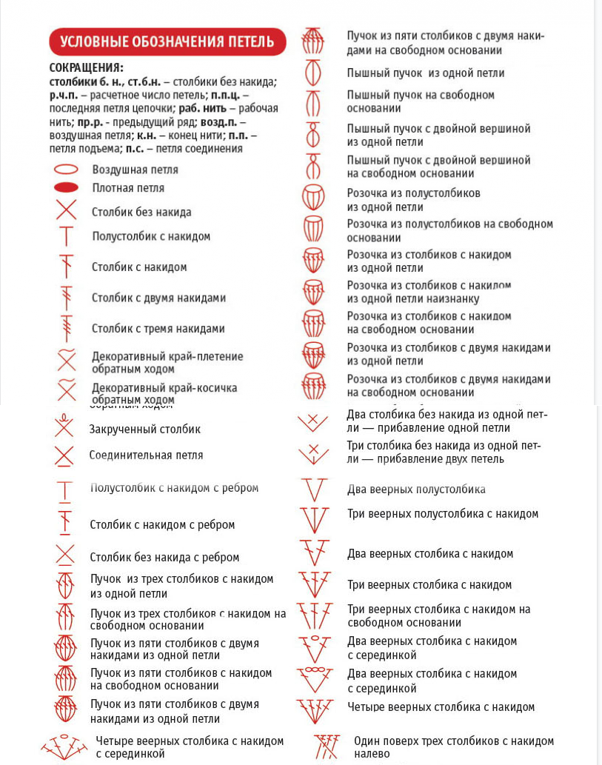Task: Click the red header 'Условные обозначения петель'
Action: (167, 41)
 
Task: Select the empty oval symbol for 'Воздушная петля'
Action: (66, 170)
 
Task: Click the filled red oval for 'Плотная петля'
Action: (66, 188)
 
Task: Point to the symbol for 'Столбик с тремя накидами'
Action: (67, 327)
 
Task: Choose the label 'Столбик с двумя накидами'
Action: (158, 298)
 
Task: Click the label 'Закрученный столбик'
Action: (145, 429)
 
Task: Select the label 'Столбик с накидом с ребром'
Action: (162, 524)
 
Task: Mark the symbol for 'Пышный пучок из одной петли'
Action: (313, 73)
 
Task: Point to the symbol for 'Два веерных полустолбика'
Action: (314, 490)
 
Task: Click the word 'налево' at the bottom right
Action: (372, 754)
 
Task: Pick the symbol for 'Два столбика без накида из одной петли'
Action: (313, 422)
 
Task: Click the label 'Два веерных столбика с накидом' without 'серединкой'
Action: (430, 553)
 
